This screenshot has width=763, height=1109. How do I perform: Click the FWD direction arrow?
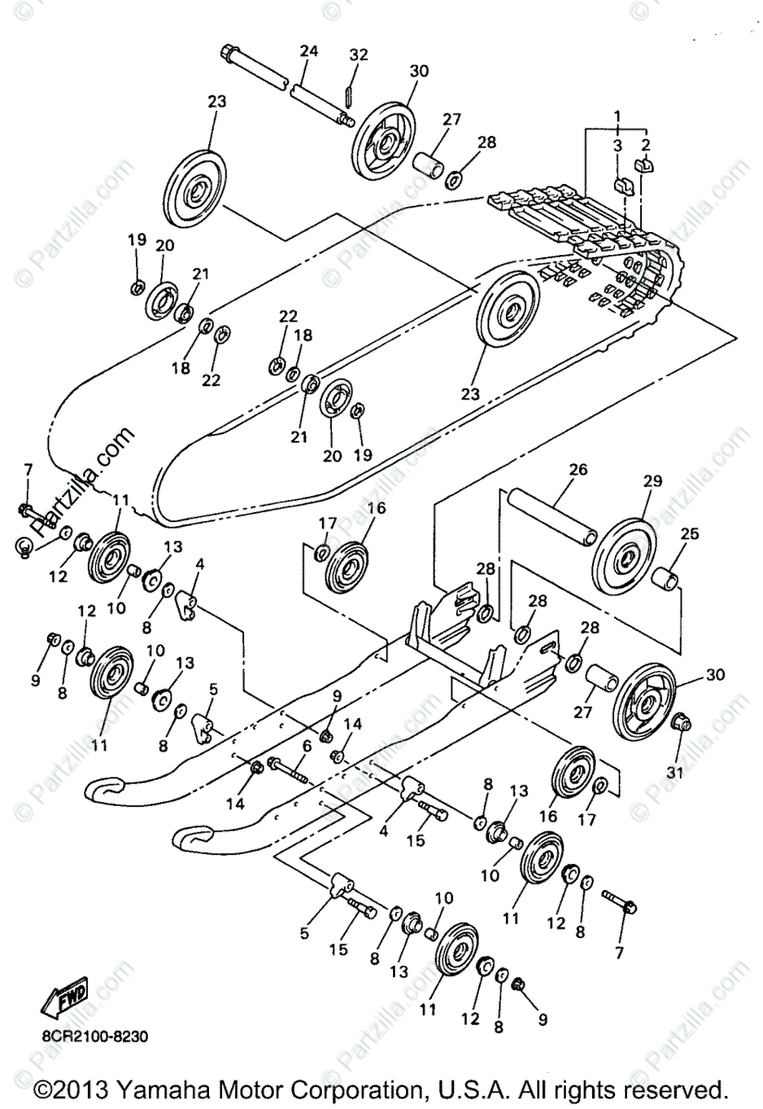click(x=64, y=996)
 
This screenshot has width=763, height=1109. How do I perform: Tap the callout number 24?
click(x=308, y=52)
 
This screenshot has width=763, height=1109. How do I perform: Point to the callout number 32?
click(x=359, y=55)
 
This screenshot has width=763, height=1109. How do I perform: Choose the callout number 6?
click(x=305, y=746)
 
